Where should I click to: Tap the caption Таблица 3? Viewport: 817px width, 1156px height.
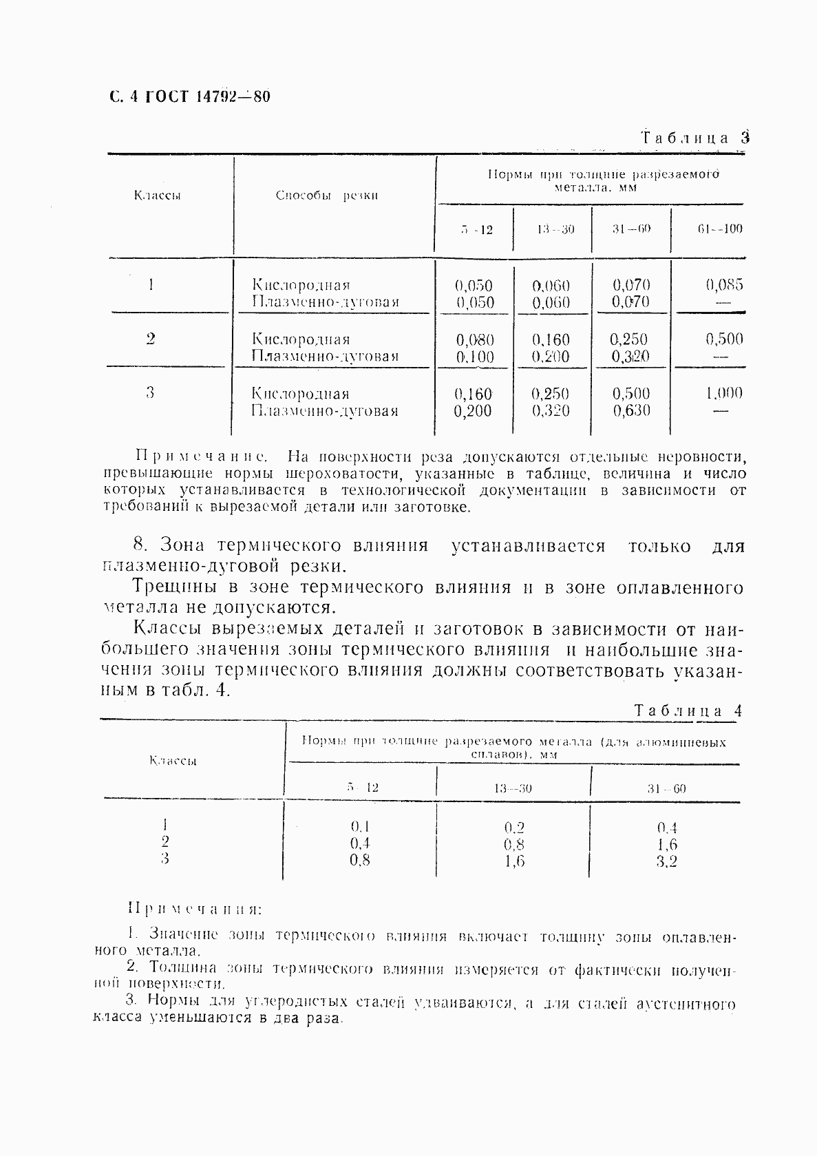coord(694,138)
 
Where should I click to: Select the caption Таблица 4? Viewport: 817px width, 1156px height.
coord(688,711)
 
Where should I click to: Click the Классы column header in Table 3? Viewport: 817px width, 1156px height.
coord(157,196)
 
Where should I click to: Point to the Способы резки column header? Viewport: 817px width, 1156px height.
coord(327,196)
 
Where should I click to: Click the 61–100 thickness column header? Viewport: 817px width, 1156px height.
coord(719,229)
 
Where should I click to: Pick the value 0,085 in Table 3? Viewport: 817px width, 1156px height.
coord(724,284)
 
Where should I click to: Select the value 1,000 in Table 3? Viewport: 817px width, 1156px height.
coord(723,393)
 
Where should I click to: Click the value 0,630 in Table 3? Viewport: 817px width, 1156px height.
coord(631,411)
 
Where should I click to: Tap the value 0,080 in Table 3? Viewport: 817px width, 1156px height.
coord(474,339)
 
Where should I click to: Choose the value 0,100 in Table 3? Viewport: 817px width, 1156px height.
coord(474,357)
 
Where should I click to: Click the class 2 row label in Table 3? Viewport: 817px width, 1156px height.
coord(150,339)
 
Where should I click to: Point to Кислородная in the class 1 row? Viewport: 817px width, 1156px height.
coord(301,284)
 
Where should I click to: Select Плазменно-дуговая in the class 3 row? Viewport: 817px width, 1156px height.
coord(325,412)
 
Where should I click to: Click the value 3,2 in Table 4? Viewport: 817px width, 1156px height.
coord(666,861)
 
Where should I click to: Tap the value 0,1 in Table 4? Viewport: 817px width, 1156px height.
coord(360,826)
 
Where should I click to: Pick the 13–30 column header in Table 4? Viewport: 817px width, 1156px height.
coord(513,788)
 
